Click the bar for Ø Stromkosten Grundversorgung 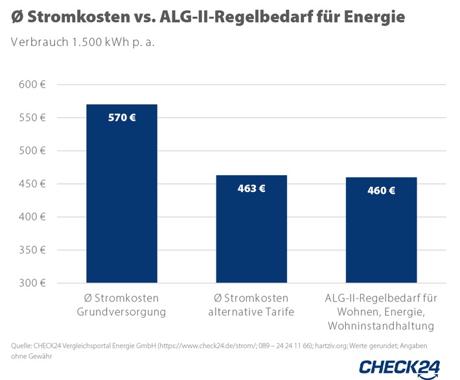click(122, 195)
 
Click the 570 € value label click(122, 118)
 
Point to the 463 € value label click(251, 189)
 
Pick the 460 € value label click(381, 191)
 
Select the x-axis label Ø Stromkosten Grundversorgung click(122, 305)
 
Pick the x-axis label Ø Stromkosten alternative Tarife click(251, 305)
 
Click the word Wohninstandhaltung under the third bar click(381, 325)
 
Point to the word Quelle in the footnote click(23, 346)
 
